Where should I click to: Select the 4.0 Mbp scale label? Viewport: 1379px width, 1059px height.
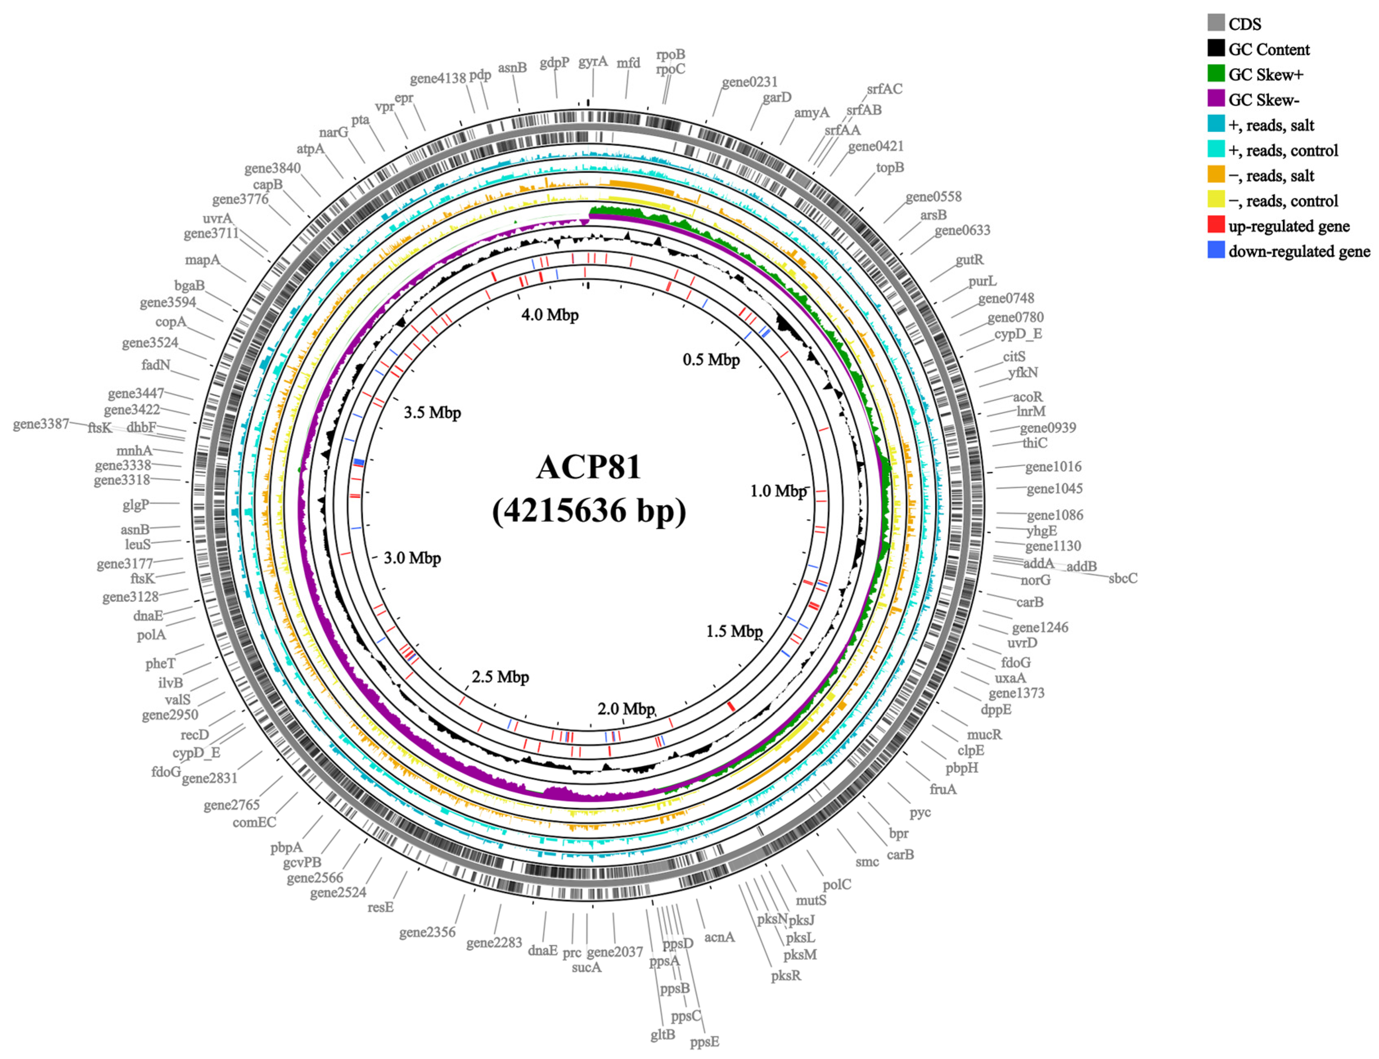[549, 314]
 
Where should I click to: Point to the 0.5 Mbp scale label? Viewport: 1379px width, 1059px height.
[711, 360]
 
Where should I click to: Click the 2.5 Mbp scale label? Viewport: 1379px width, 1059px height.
[500, 677]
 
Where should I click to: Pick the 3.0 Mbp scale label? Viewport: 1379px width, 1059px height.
[412, 558]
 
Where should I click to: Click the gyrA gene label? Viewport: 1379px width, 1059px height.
[593, 61]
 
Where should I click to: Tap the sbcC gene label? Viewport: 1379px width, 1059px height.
[1123, 578]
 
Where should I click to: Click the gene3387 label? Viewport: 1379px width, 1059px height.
[41, 424]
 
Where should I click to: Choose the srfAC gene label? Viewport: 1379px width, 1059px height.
[884, 89]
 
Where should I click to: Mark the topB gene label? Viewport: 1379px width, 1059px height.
[890, 168]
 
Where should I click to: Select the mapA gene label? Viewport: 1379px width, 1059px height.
[202, 260]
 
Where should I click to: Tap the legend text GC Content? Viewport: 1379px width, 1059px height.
[1268, 49]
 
